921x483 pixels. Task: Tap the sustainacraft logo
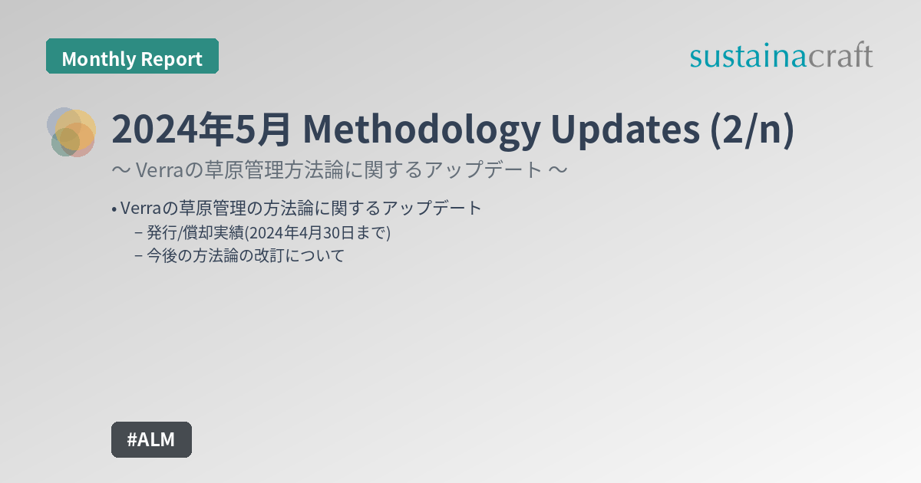(781, 56)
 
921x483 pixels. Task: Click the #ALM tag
(151, 439)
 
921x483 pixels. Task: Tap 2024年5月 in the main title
(201, 130)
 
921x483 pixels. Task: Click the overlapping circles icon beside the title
(72, 132)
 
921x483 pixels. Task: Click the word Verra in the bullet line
(141, 208)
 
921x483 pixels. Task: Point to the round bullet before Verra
(114, 209)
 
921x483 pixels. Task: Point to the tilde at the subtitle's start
(120, 169)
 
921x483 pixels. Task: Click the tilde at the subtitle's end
(558, 169)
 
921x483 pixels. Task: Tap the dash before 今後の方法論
(138, 256)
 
